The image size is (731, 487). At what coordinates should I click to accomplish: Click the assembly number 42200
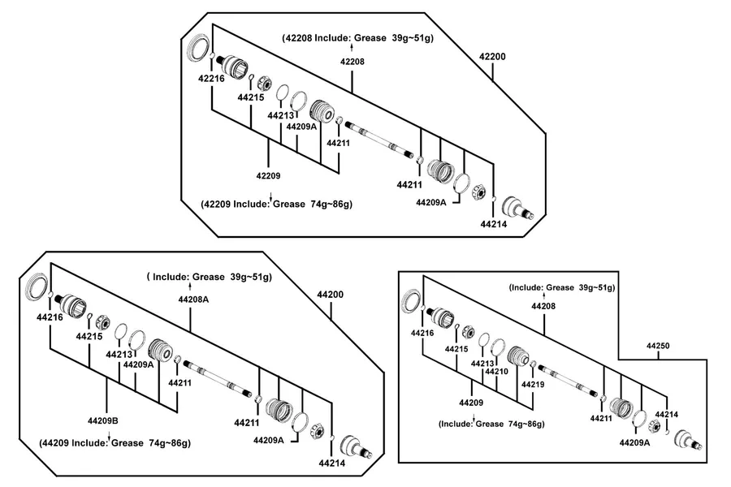pos(492,56)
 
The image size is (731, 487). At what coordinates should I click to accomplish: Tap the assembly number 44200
pos(330,295)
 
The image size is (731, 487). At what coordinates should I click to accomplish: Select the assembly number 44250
pos(658,346)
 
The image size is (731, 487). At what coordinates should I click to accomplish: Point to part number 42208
pos(352,62)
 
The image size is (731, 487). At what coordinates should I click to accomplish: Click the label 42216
pos(211,78)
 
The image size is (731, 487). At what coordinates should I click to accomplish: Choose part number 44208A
pos(193,300)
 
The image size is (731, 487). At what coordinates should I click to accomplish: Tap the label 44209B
pos(103,420)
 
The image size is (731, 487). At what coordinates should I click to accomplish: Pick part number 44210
pos(496,372)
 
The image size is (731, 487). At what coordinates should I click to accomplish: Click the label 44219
pos(533,385)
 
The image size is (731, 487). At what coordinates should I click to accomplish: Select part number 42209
pos(268,175)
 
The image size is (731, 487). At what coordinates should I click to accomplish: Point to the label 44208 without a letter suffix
pos(543,306)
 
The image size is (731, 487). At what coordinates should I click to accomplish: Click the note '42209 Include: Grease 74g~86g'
pos(276,204)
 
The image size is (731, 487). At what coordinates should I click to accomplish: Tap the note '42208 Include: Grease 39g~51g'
pos(357,38)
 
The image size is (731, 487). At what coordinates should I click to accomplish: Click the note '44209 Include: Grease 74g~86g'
pos(115,442)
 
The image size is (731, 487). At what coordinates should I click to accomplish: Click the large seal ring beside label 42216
pos(198,47)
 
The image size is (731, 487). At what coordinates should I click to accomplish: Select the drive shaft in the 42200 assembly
pos(379,140)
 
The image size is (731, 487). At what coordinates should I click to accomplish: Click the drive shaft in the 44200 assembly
pos(217,379)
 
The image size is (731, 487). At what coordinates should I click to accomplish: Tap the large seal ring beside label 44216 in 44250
pos(411,300)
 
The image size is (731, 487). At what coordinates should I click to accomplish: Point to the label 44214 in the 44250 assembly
pos(667,414)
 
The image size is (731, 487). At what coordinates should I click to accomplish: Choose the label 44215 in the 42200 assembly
pos(251,97)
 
